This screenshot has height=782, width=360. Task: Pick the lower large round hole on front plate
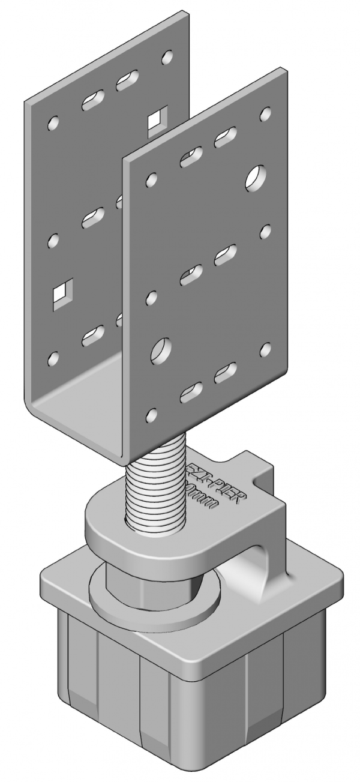[161, 349]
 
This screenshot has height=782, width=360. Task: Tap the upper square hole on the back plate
[157, 119]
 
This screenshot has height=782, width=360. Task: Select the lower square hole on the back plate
[62, 293]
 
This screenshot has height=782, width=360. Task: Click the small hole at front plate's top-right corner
[265, 113]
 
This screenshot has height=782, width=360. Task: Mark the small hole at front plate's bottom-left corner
[152, 414]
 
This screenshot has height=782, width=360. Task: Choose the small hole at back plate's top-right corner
[167, 58]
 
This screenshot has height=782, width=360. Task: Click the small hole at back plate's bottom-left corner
[53, 359]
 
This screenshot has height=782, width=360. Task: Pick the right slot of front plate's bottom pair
[225, 373]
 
